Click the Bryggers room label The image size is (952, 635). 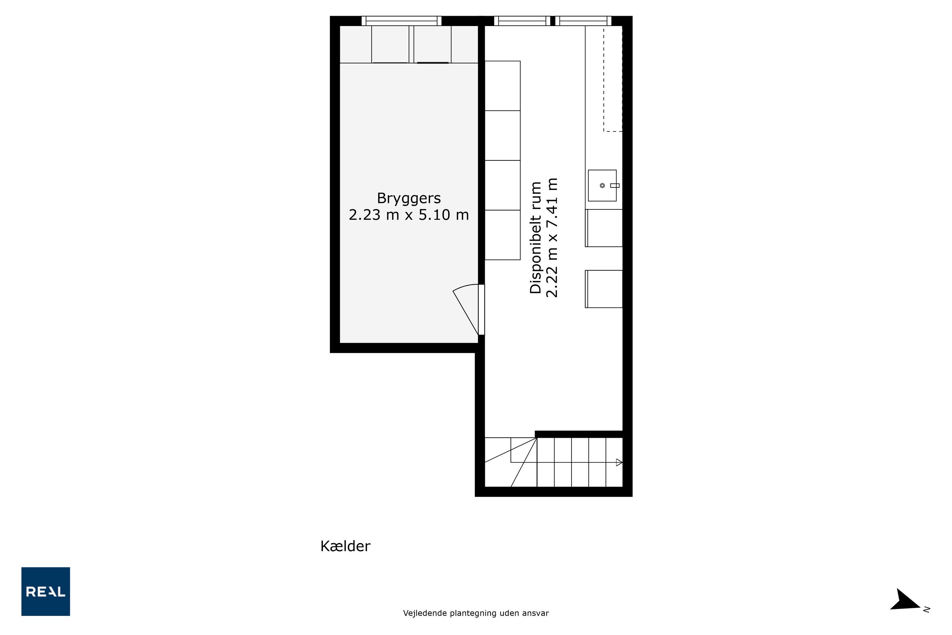click(409, 198)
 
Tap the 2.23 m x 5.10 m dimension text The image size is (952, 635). click(409, 215)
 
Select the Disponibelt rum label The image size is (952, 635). click(536, 237)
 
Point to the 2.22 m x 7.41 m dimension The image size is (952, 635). click(552, 237)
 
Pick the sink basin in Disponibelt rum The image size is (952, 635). click(602, 185)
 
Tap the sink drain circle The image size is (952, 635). click(602, 185)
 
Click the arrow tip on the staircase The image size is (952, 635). click(622, 462)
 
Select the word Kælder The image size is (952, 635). click(345, 546)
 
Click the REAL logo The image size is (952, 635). click(46, 591)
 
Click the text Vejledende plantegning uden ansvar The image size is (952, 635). click(476, 613)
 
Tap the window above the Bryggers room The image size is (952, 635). click(401, 21)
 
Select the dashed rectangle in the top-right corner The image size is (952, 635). click(613, 79)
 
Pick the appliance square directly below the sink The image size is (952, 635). click(604, 228)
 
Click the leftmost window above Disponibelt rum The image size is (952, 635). click(523, 21)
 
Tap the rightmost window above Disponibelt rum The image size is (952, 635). click(583, 21)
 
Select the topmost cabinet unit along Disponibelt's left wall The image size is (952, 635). click(502, 86)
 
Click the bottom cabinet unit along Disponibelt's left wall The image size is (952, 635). click(502, 235)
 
